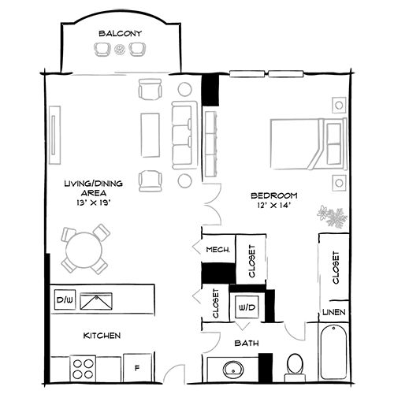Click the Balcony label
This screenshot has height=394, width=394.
(x=120, y=33)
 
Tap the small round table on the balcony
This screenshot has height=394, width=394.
(x=120, y=50)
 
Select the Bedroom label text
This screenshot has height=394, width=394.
(x=273, y=195)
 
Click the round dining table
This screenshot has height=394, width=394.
(x=84, y=251)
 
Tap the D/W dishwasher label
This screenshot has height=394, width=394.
(x=64, y=300)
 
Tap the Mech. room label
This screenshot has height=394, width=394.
(x=217, y=250)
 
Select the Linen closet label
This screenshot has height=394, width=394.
(x=333, y=314)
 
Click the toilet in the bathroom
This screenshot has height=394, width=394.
(x=295, y=366)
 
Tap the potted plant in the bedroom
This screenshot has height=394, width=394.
(x=333, y=215)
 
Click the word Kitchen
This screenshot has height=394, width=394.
(x=102, y=336)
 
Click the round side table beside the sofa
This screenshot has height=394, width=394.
(x=186, y=89)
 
